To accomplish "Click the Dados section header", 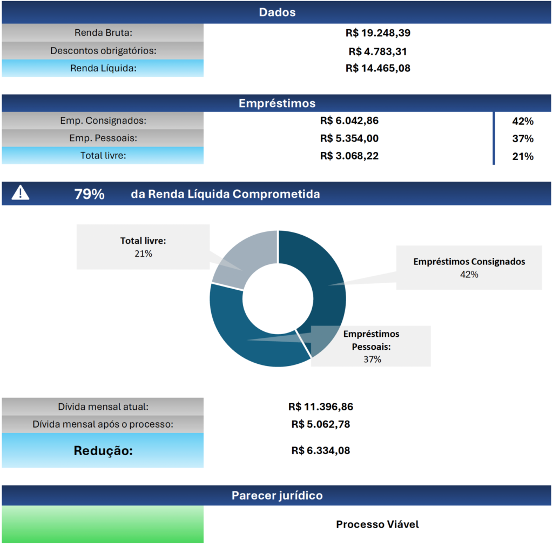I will (x=276, y=12).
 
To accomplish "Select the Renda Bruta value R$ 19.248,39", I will (x=377, y=33).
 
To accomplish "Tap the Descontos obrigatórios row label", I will (x=103, y=51).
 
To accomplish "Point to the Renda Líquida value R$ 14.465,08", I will (x=377, y=68).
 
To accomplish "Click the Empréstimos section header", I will (x=276, y=103).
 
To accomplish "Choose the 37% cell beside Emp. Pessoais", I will (x=522, y=139).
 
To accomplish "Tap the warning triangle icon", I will (x=21, y=192).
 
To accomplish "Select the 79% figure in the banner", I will (x=89, y=194).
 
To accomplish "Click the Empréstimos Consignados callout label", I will (x=469, y=267).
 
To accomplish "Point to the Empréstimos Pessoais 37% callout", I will (x=372, y=347).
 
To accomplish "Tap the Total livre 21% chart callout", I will (x=143, y=247).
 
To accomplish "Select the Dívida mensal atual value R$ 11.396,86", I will (x=321, y=407).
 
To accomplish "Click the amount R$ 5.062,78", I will (x=320, y=424).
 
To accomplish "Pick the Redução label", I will (x=103, y=450).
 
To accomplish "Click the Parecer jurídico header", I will (x=276, y=495).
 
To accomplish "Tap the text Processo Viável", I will (x=377, y=524).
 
